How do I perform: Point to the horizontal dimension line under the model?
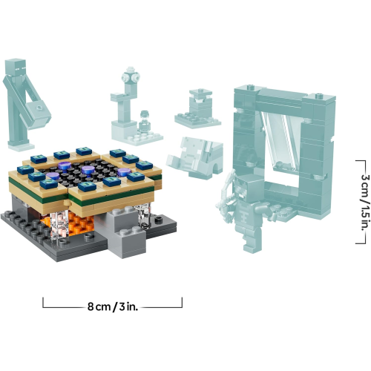pos(111,305)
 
